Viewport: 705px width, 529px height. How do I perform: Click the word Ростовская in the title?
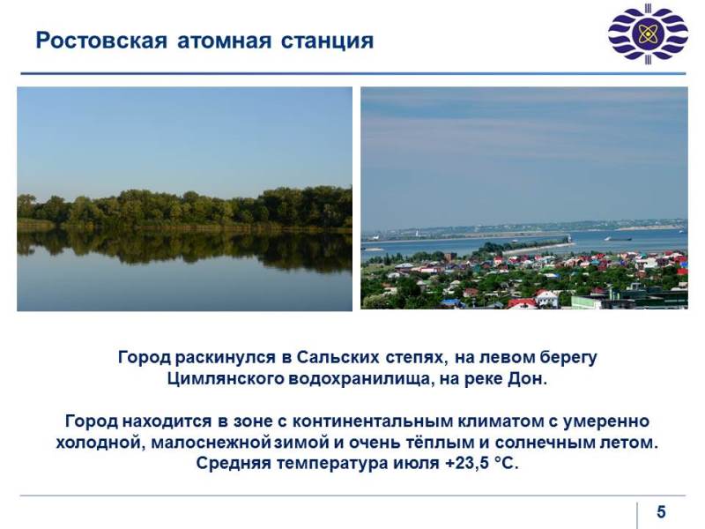point(101,41)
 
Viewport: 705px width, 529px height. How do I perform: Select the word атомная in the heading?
point(225,41)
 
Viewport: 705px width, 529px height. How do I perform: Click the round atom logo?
point(648,34)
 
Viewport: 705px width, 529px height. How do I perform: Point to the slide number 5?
point(661,512)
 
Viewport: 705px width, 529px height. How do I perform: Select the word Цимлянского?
point(226,379)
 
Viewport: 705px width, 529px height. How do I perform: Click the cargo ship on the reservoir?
point(618,239)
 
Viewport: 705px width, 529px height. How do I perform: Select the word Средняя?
point(234,464)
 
